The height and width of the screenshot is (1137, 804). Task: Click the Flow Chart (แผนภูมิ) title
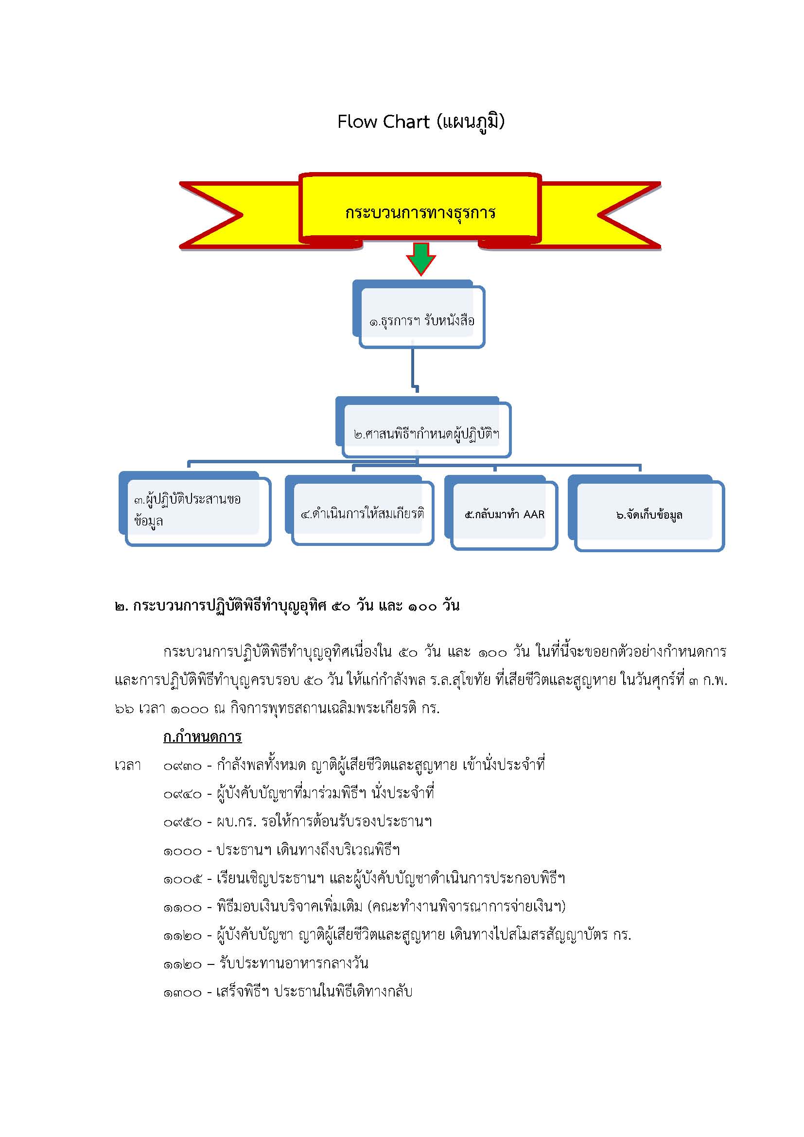pyautogui.click(x=421, y=122)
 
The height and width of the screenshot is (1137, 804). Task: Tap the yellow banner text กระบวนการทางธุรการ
pyautogui.click(x=420, y=212)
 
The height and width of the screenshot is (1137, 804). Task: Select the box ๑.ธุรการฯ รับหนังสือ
pyautogui.click(x=419, y=315)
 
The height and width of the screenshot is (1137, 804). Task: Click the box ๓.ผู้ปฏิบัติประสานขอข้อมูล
pyautogui.click(x=195, y=508)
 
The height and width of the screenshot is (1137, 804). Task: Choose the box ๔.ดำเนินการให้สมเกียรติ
pyautogui.click(x=359, y=510)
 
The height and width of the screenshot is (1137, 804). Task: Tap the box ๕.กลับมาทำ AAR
pyautogui.click(x=501, y=512)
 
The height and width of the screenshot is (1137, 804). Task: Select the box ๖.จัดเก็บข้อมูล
pyautogui.click(x=646, y=513)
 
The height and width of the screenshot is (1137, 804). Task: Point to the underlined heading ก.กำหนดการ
pyautogui.click(x=203, y=737)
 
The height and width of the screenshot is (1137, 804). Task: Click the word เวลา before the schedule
pyautogui.click(x=127, y=766)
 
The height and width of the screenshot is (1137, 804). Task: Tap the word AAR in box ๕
pyautogui.click(x=534, y=514)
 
